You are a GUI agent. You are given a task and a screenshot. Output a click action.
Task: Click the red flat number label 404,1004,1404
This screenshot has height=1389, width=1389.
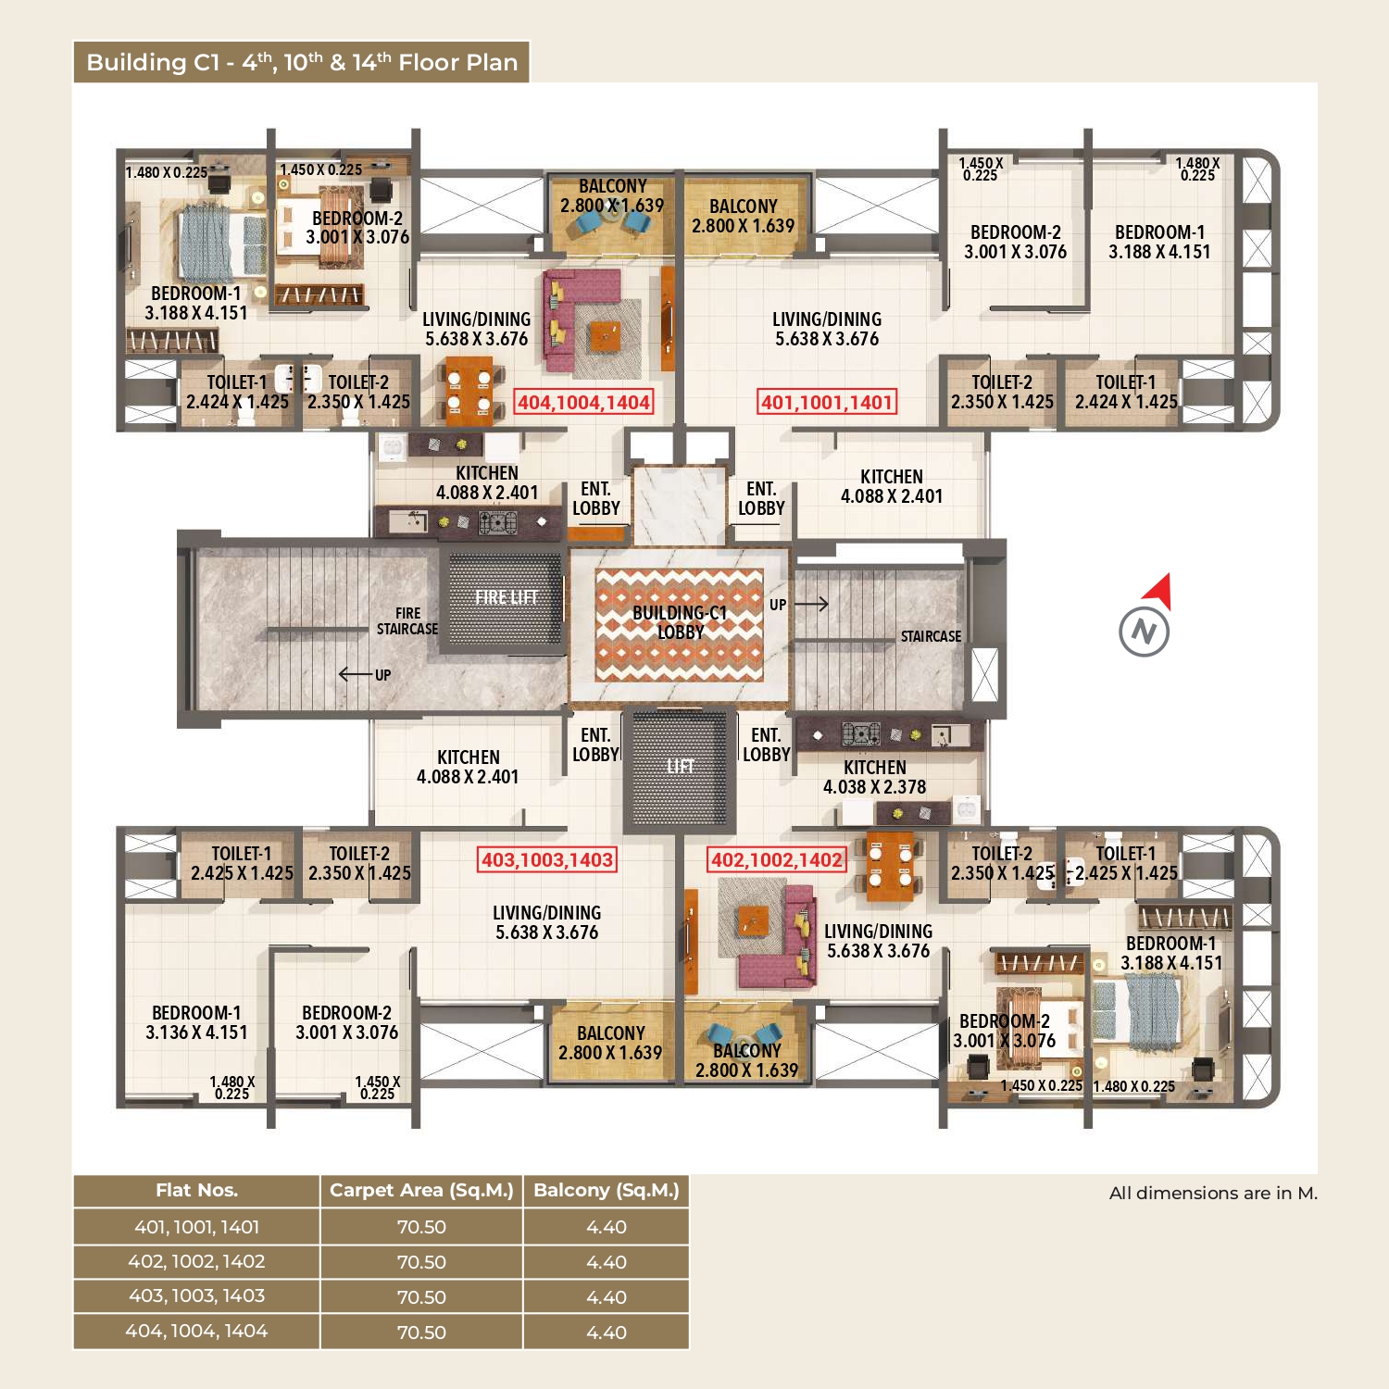click(x=584, y=402)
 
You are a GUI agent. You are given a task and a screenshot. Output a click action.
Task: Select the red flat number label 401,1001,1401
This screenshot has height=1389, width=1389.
click(x=827, y=402)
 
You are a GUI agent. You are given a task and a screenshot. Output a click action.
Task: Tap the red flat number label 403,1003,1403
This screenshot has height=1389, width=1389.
click(x=547, y=859)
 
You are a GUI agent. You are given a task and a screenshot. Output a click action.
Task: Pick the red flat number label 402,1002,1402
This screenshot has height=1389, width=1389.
click(x=777, y=860)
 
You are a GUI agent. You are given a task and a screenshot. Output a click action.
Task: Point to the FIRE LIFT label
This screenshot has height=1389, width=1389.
click(x=506, y=597)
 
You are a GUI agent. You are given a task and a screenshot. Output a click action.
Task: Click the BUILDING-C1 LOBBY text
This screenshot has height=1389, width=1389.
click(x=680, y=622)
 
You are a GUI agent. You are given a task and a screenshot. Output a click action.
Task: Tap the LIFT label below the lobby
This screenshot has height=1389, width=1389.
click(x=680, y=767)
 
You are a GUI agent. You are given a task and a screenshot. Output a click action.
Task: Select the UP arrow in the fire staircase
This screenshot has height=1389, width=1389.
click(x=356, y=674)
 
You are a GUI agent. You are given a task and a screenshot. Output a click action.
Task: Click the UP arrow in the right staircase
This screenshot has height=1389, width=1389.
click(x=811, y=605)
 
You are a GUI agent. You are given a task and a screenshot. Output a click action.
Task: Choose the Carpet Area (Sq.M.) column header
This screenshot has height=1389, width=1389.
click(x=421, y=1191)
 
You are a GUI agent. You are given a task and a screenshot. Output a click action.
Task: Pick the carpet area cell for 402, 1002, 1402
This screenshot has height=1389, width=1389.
click(x=421, y=1262)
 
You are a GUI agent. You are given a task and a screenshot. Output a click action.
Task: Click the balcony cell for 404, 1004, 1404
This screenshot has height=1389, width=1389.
click(x=607, y=1333)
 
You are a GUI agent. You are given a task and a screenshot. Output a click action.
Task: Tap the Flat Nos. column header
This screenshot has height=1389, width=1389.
click(x=196, y=1191)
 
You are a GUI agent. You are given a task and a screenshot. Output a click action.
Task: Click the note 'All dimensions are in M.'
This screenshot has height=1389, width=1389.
click(x=1213, y=1193)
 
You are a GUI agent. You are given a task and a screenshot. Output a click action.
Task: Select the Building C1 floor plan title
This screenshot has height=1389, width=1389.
click(x=302, y=62)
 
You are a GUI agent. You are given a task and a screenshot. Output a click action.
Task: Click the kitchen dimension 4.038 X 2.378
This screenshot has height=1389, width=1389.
click(x=875, y=787)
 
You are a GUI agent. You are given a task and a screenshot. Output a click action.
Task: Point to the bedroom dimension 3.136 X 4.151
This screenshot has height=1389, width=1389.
click(x=196, y=1032)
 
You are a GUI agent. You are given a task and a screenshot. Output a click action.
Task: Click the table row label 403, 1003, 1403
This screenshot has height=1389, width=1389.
click(x=196, y=1296)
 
